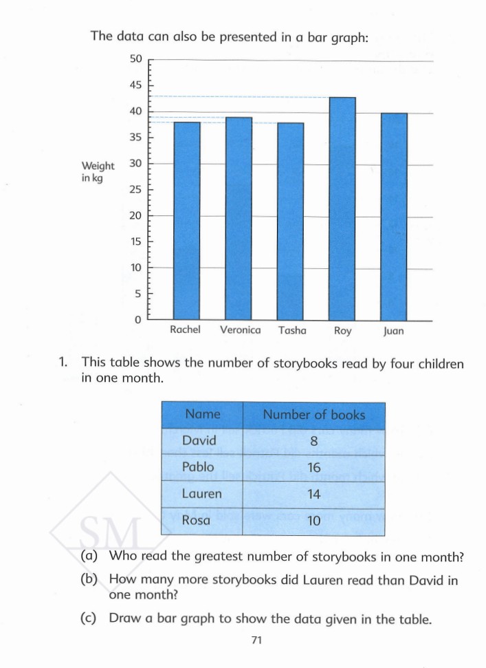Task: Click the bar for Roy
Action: (342, 208)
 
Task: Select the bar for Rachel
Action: (186, 221)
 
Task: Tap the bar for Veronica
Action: (239, 219)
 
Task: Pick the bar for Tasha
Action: (291, 221)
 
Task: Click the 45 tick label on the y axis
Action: (135, 85)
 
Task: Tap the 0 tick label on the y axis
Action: (137, 320)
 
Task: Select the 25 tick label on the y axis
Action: (135, 190)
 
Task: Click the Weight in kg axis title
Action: (98, 172)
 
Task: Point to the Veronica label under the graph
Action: (240, 330)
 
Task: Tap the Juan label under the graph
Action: (394, 331)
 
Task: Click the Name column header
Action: (203, 414)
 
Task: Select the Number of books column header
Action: (314, 415)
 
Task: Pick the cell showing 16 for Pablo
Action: (313, 468)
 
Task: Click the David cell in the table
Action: (199, 441)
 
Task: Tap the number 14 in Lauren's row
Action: (313, 494)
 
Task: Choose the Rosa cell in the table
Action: (196, 521)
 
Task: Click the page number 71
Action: (257, 640)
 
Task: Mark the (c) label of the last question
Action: (88, 618)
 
